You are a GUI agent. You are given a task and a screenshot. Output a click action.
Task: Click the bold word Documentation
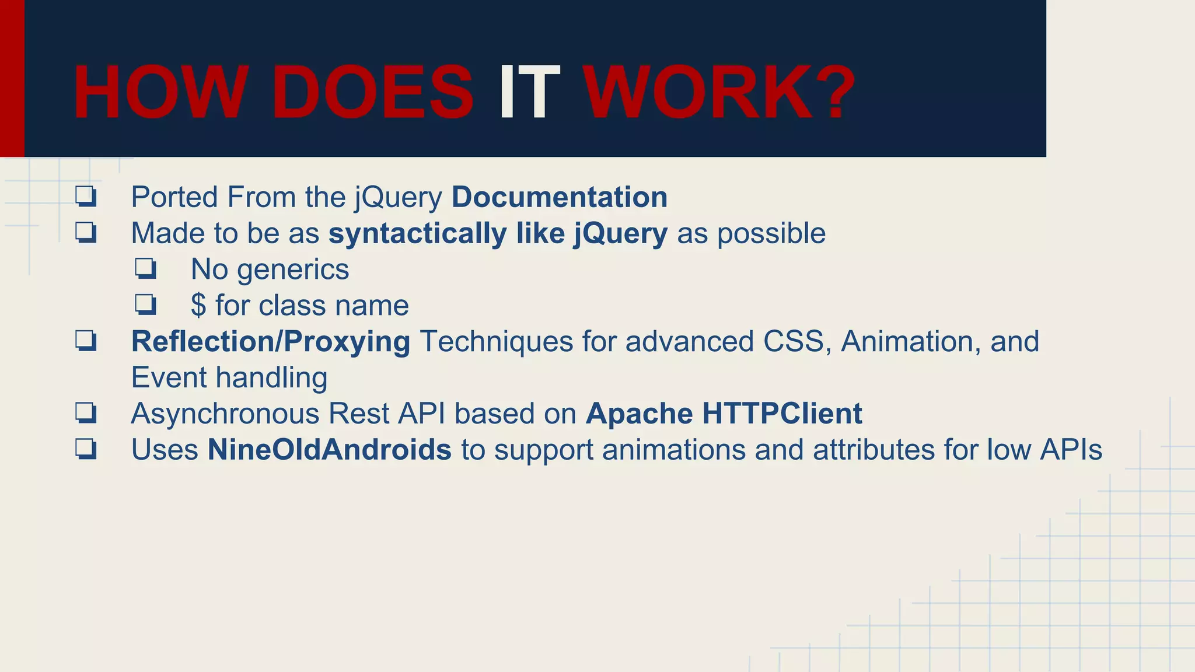coord(559,197)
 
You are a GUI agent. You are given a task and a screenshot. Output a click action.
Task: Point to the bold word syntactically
coord(417,234)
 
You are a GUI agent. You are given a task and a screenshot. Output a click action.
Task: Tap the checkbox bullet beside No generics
coord(145,269)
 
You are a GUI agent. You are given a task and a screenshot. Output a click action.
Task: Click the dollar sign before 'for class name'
coord(198,306)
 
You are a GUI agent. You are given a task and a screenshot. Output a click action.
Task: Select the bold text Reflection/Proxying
coord(270,342)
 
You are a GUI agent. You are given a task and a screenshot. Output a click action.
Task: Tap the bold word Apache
coord(639,414)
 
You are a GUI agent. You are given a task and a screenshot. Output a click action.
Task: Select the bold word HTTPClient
coord(782,414)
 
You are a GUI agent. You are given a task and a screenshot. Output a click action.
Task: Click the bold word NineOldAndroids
coord(329,450)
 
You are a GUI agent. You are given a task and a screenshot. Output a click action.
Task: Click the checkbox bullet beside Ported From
coord(86,197)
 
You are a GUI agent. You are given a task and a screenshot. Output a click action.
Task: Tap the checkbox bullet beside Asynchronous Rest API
coord(86,414)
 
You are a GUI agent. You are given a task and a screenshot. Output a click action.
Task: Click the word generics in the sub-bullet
coord(293,270)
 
